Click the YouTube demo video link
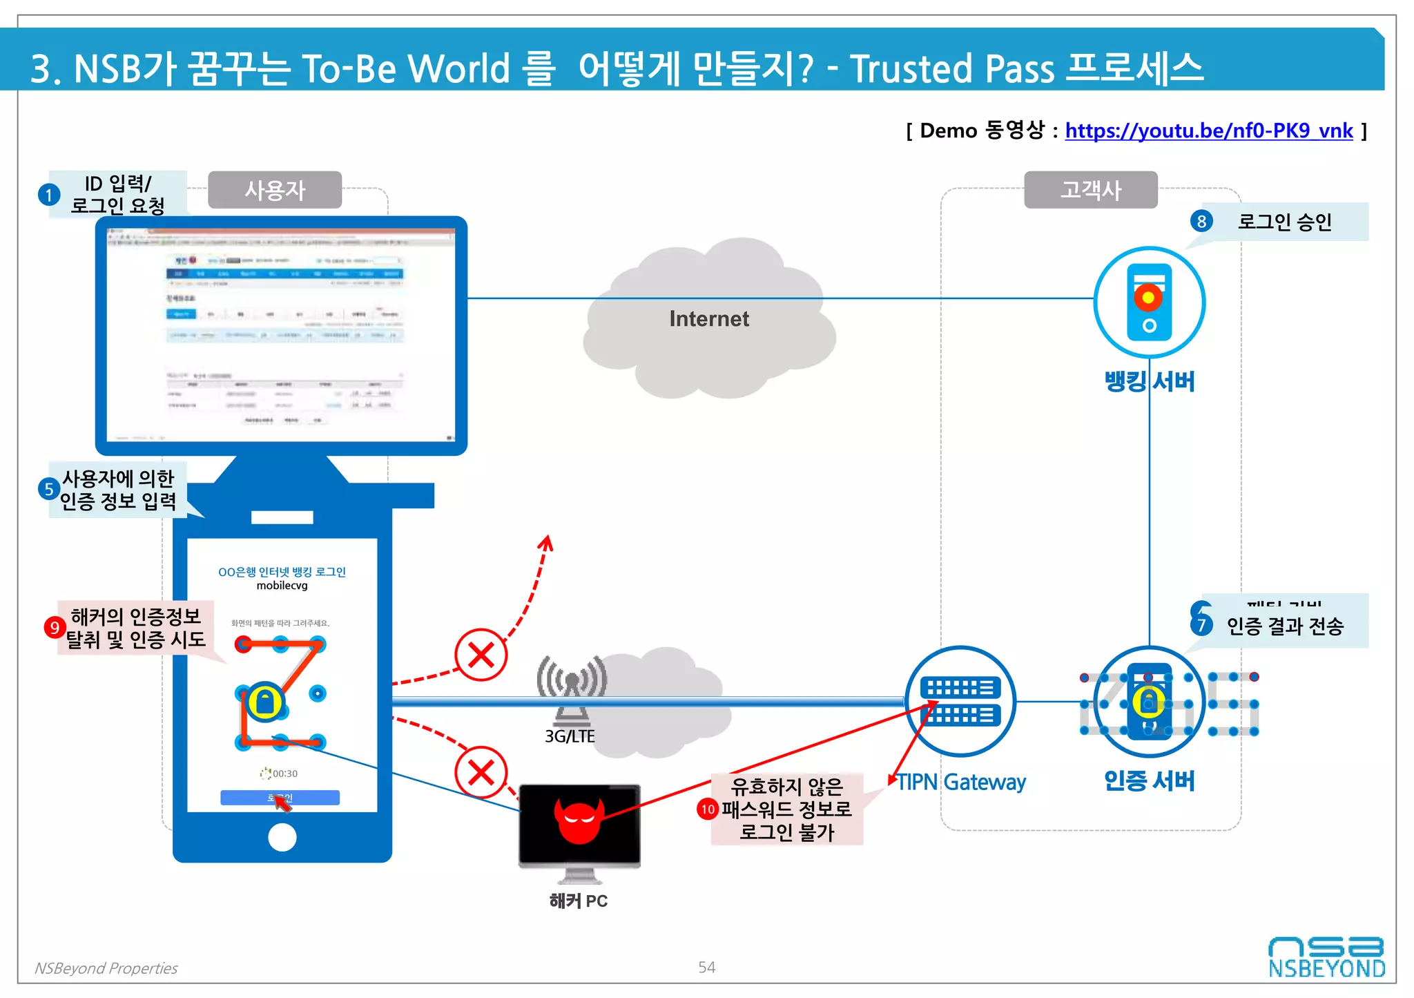(1208, 131)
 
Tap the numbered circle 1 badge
(49, 195)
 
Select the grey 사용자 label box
(275, 190)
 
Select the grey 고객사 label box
(1090, 190)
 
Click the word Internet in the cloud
(708, 318)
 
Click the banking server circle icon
(1149, 303)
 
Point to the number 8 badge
(1201, 221)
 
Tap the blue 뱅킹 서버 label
(1149, 381)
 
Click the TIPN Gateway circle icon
(960, 701)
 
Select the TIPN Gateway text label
(961, 782)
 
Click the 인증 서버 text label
(1149, 780)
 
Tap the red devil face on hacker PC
(579, 821)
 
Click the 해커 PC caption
(579, 901)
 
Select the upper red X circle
(481, 654)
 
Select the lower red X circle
(481, 772)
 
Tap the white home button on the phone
(282, 837)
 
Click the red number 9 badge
(55, 627)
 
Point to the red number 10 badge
(708, 809)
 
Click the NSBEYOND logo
(1326, 958)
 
